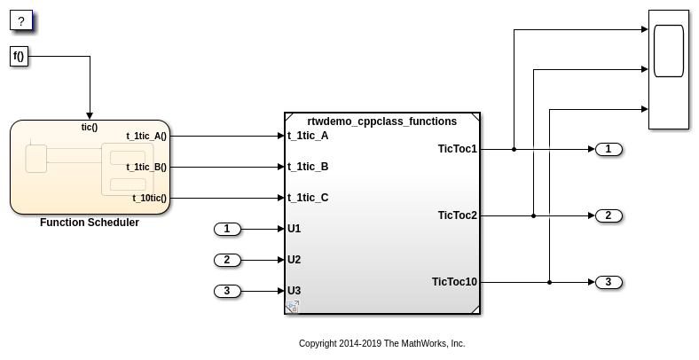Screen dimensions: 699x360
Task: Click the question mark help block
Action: [21, 20]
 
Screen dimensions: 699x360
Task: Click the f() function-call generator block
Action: [20, 57]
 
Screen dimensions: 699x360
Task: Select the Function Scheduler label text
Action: [90, 223]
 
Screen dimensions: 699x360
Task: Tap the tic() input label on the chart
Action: [90, 127]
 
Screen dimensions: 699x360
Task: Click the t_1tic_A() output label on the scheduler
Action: [146, 137]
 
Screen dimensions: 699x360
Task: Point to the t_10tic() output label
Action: [149, 199]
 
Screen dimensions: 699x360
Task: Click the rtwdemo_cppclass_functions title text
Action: [382, 121]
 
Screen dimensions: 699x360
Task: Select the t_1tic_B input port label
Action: [308, 167]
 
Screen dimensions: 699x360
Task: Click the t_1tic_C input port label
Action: [308, 198]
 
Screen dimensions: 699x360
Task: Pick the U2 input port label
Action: [294, 260]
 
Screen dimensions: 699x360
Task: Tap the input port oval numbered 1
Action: [227, 229]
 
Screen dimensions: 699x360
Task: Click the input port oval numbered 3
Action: [227, 291]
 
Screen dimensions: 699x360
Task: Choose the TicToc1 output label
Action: [458, 149]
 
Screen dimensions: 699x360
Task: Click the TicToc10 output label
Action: [454, 282]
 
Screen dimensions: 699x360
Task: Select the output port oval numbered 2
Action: [609, 215]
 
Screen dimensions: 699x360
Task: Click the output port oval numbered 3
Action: [609, 282]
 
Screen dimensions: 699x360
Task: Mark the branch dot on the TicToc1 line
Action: [514, 149]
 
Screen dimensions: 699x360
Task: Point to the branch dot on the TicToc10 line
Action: [549, 282]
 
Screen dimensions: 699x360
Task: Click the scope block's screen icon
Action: [669, 51]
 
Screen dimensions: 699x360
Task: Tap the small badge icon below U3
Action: [293, 307]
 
